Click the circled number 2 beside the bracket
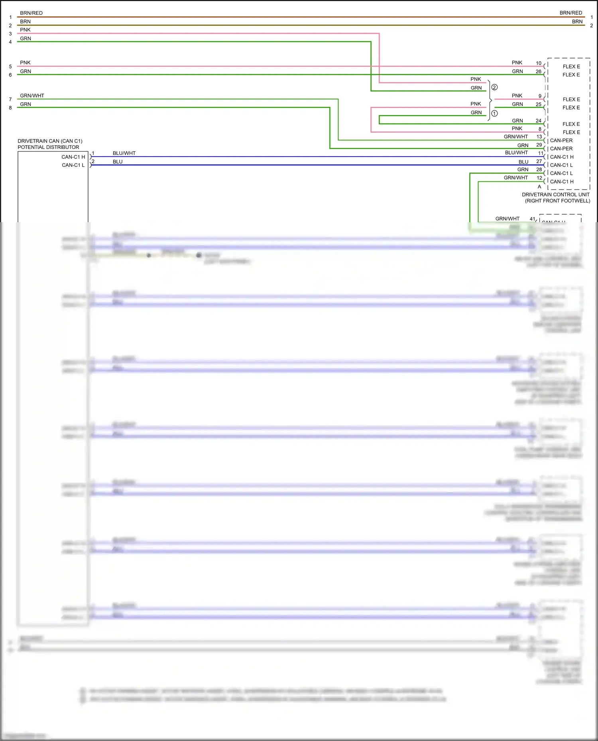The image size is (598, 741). click(x=494, y=87)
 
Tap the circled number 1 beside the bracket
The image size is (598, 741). click(x=494, y=113)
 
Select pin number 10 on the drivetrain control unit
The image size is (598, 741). click(x=539, y=63)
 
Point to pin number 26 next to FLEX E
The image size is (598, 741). click(x=539, y=72)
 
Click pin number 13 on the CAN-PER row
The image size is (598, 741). click(x=539, y=137)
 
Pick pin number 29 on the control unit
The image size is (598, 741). click(x=539, y=145)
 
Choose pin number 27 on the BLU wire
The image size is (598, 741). click(x=539, y=161)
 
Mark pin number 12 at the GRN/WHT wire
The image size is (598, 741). click(x=539, y=178)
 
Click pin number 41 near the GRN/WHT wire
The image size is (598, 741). click(x=532, y=219)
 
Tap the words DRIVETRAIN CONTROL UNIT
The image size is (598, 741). click(x=555, y=195)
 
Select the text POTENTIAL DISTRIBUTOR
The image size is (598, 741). click(x=48, y=147)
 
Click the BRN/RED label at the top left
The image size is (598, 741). click(x=31, y=13)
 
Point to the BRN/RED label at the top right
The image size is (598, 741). click(x=570, y=13)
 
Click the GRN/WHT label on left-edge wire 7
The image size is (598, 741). click(x=32, y=96)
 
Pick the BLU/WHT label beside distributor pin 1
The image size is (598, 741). click(x=124, y=153)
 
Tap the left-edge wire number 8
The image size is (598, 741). click(x=10, y=108)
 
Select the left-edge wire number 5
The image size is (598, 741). click(x=10, y=67)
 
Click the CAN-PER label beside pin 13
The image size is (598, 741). click(x=561, y=141)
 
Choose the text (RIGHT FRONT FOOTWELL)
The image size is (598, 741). click(x=557, y=201)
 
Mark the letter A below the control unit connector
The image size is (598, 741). click(x=539, y=187)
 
